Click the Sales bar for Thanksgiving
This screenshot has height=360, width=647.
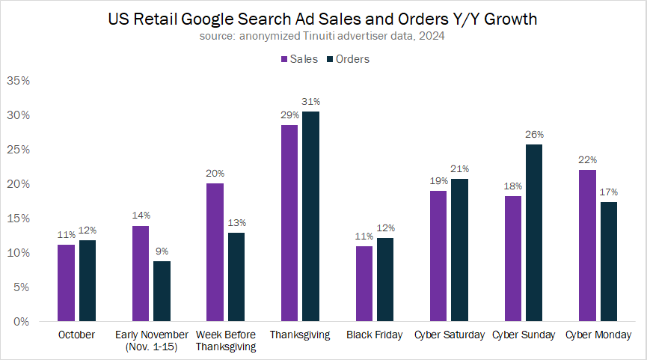289,223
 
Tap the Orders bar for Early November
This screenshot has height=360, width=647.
162,291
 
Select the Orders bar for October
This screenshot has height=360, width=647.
87,281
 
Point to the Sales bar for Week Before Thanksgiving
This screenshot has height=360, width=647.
215,252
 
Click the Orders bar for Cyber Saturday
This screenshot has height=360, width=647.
459,250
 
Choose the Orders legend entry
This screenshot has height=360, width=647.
352,59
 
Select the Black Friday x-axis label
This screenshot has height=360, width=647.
374,335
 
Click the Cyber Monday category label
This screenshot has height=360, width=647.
598,335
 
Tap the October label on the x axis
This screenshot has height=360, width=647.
77,335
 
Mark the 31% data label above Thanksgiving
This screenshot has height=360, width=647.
311,102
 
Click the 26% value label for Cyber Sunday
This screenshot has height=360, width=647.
534,135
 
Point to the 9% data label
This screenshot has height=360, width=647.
162,251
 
